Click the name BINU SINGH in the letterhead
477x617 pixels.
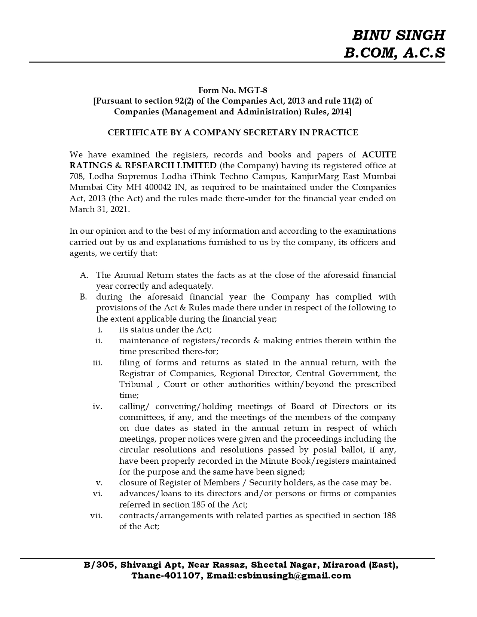pos(399,35)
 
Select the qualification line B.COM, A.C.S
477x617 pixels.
pos(395,53)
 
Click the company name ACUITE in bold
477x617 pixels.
pos(379,154)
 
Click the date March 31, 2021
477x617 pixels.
pos(100,209)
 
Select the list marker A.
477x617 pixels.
pos(84,275)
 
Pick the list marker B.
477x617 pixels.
pos(83,297)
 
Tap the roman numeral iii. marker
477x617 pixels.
pos(98,363)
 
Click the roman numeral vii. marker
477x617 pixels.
pos(97,516)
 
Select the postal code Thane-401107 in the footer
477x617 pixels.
pos(165,576)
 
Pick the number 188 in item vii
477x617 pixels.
pos(389,515)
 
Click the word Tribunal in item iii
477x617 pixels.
pos(136,384)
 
